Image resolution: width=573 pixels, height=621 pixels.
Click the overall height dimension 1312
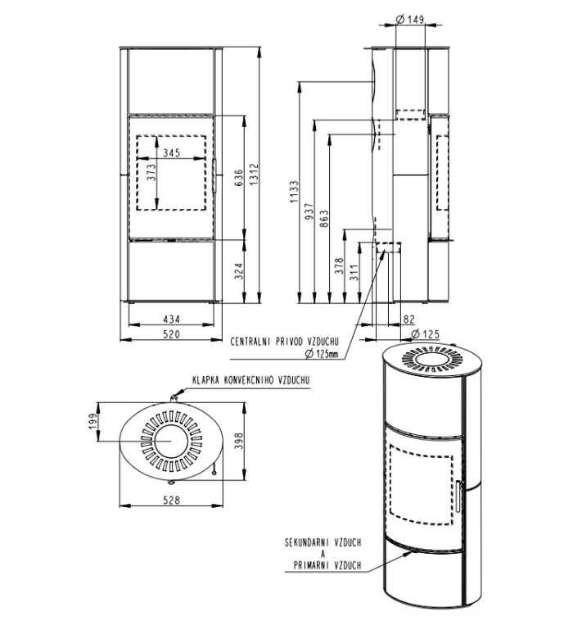(254, 175)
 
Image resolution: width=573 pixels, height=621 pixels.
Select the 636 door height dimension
(239, 178)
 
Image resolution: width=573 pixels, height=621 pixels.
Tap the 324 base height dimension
(239, 271)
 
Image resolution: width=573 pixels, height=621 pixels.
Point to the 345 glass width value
(171, 152)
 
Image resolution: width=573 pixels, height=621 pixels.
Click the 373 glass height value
(151, 173)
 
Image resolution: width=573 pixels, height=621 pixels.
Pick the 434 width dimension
(171, 319)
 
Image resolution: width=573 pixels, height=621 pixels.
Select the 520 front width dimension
(171, 334)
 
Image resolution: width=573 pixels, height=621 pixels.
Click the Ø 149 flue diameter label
(410, 19)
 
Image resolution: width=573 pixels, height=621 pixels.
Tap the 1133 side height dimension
(294, 192)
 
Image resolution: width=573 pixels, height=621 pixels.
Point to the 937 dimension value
(309, 212)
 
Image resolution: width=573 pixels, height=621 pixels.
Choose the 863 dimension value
(323, 219)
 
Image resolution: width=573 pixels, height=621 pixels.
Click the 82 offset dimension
(409, 319)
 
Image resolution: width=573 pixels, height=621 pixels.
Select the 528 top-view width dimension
(171, 501)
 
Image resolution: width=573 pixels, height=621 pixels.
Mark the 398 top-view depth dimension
(239, 442)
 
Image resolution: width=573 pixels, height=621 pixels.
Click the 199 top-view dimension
(92, 421)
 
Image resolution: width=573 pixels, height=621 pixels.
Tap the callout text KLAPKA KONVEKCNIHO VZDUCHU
(250, 380)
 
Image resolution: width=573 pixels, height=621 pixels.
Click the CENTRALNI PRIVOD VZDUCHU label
(285, 342)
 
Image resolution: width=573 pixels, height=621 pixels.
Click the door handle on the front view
(214, 176)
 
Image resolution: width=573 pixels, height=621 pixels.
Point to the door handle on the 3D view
(458, 496)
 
